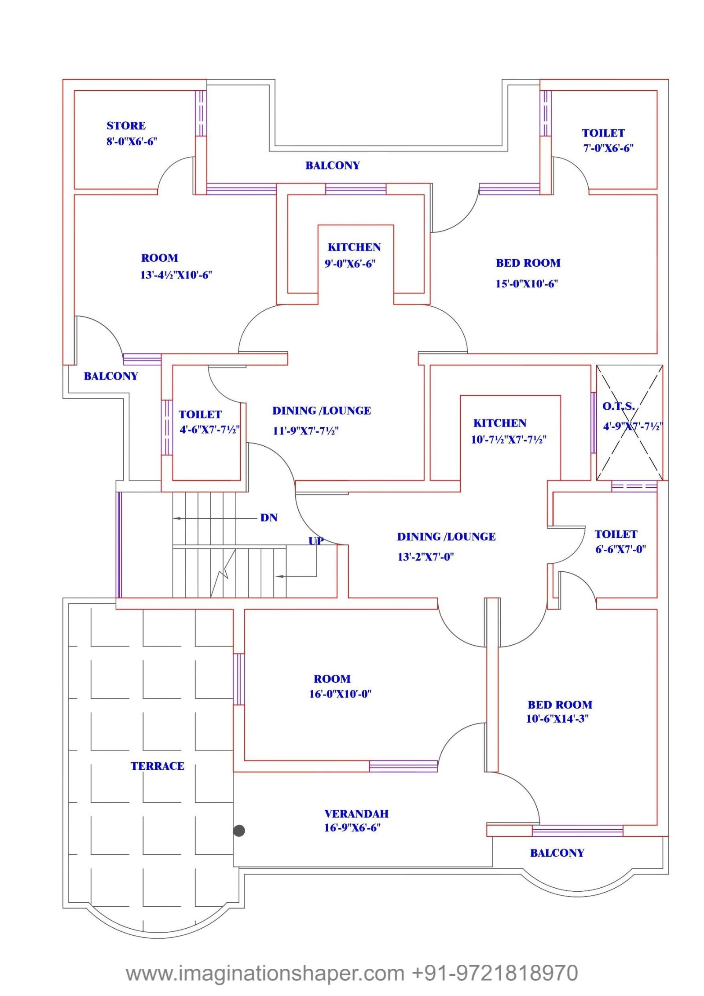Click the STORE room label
pos(126,126)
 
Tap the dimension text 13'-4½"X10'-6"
pos(176,275)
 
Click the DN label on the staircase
pos(269,518)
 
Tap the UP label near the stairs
pos(316,541)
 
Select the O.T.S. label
pos(618,406)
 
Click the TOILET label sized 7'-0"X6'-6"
pos(603,133)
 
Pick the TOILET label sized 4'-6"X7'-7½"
pos(200,415)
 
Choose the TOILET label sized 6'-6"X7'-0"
pos(616,534)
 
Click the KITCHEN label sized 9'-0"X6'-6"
pos(354,247)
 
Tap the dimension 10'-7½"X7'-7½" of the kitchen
pos(509,440)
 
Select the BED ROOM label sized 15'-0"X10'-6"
pos(528,263)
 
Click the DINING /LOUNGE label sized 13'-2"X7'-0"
pos(446,537)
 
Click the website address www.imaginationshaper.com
pos(265,973)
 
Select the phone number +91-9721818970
pos(495,973)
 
